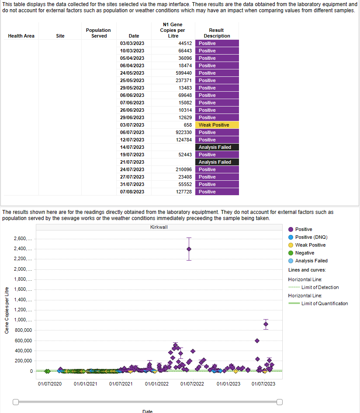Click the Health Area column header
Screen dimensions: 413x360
click(x=21, y=36)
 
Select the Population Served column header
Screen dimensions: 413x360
click(x=98, y=33)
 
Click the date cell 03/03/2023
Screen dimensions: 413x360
click(x=132, y=43)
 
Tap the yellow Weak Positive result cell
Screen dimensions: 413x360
click(x=217, y=125)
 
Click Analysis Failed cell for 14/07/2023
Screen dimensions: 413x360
click(x=217, y=147)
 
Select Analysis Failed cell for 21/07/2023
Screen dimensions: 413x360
click(x=217, y=162)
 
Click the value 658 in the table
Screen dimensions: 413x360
click(x=187, y=125)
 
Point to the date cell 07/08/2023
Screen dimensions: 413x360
click(x=132, y=192)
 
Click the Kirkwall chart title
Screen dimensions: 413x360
click(x=159, y=227)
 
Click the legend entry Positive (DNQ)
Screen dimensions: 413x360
click(x=311, y=237)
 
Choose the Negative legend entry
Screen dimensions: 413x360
click(x=305, y=253)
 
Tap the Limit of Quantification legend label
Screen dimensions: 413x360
click(x=325, y=303)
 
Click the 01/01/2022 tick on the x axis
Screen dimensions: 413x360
click(x=157, y=384)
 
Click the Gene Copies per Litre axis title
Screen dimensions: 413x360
click(x=7, y=310)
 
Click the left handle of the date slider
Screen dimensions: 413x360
click(x=16, y=402)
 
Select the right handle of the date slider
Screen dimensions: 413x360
click(x=280, y=402)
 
